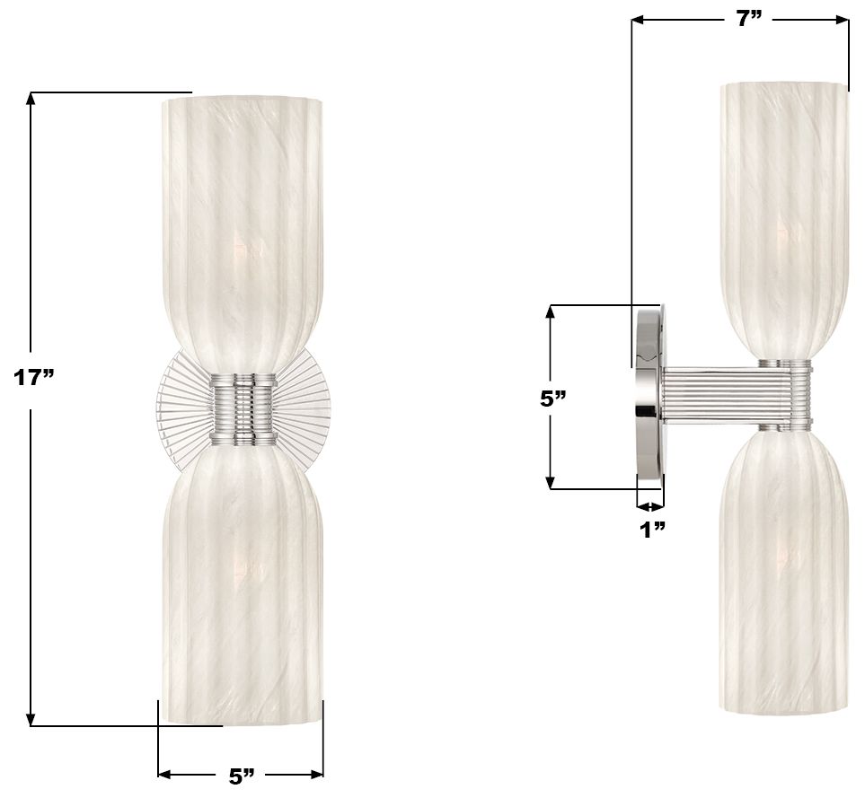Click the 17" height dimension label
click(x=34, y=377)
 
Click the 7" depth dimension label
click(x=749, y=19)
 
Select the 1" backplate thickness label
click(x=652, y=530)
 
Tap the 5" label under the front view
click(x=241, y=776)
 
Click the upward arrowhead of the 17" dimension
click(x=31, y=99)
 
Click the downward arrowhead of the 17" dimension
click(x=31, y=719)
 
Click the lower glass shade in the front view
click(x=241, y=583)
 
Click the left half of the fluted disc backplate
click(x=184, y=408)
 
